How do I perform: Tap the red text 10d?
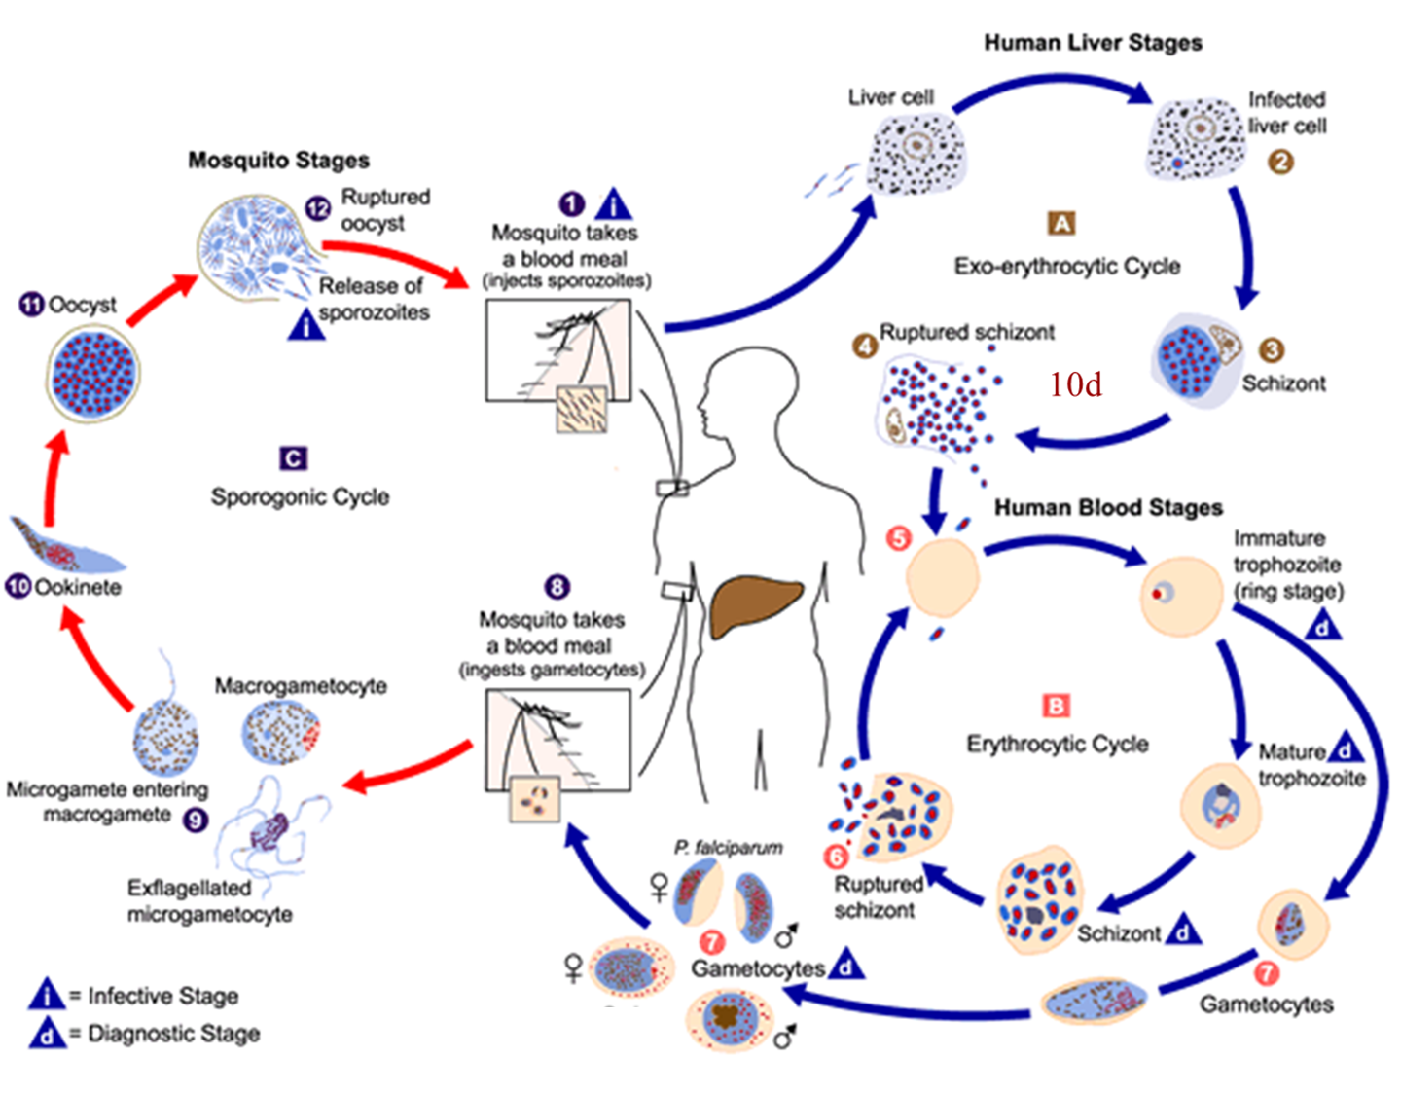pyautogui.click(x=1075, y=384)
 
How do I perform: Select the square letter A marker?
pyautogui.click(x=1061, y=223)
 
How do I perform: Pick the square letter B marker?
pyautogui.click(x=1056, y=706)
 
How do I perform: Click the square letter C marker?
pyautogui.click(x=293, y=458)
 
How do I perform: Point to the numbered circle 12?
pyautogui.click(x=318, y=209)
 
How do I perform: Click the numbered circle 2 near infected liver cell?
pyautogui.click(x=1281, y=161)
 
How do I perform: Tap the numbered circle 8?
pyautogui.click(x=557, y=587)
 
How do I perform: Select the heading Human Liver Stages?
pyautogui.click(x=1093, y=43)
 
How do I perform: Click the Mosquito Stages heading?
pyautogui.click(x=278, y=160)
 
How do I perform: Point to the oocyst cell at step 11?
pyautogui.click(x=94, y=374)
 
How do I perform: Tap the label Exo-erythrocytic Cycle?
pyautogui.click(x=1067, y=266)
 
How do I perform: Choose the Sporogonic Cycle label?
pyautogui.click(x=301, y=496)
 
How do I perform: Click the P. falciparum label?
pyautogui.click(x=729, y=848)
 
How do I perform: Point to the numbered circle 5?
pyautogui.click(x=899, y=538)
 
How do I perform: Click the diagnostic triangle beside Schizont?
pyautogui.click(x=1182, y=931)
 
